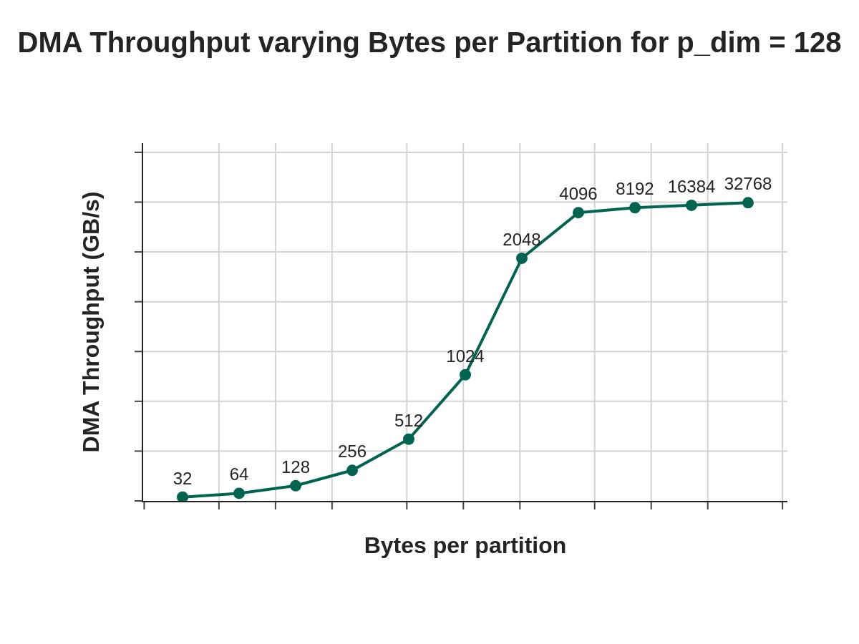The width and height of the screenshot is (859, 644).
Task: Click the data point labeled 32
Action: (183, 497)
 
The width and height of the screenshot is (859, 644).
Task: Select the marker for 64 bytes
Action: (239, 493)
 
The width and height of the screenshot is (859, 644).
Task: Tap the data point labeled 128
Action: (296, 486)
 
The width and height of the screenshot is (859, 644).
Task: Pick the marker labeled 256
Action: (352, 470)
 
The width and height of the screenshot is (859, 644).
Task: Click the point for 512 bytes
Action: (409, 439)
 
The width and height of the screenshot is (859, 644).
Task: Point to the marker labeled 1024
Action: (465, 375)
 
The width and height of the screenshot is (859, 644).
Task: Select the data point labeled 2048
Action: (522, 258)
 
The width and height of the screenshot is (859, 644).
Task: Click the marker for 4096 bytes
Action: (578, 213)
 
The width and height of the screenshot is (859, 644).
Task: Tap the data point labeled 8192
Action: (635, 208)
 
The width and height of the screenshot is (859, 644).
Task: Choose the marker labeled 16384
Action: (691, 205)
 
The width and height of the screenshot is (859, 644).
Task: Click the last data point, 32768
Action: (748, 203)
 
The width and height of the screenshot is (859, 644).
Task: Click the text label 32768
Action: (748, 184)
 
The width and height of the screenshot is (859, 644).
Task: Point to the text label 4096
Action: (578, 194)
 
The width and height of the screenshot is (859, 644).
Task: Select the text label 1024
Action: (465, 356)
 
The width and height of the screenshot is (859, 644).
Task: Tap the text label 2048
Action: (522, 240)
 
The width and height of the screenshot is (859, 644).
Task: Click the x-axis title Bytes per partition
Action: (465, 545)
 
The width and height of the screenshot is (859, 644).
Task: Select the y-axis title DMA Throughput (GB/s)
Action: (92, 322)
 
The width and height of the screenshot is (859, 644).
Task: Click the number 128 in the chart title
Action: (817, 43)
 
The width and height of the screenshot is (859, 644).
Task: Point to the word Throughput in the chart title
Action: (170, 43)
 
